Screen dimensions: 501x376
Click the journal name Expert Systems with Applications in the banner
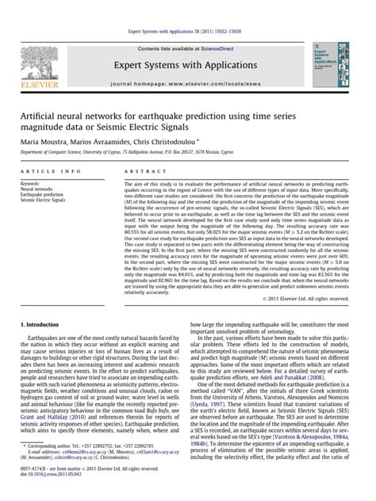[x=188, y=45]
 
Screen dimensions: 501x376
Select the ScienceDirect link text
[x=217, y=27]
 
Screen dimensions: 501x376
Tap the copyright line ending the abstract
[x=328, y=298]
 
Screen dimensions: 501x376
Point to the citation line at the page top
[x=188, y=10]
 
